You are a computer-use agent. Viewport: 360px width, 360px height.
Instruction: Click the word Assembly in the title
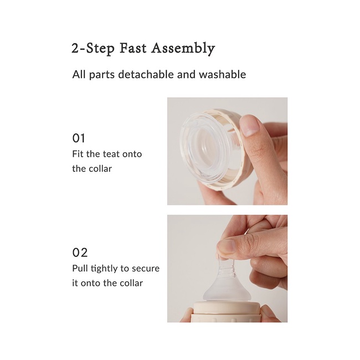[x=183, y=49]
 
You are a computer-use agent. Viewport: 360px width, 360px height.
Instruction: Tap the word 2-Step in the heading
[x=93, y=49]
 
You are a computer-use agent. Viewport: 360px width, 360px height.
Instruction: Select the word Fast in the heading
[x=133, y=48]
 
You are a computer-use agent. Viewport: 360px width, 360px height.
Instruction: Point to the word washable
[x=222, y=74]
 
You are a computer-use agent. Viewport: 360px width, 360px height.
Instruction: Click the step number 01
[x=79, y=138]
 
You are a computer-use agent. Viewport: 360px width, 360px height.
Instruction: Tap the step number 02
[x=80, y=253]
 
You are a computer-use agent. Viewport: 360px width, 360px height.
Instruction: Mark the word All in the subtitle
[x=79, y=74]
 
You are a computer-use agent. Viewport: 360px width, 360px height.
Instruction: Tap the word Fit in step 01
[x=78, y=154]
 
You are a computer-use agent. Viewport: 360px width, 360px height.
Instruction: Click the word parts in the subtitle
[x=102, y=75]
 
